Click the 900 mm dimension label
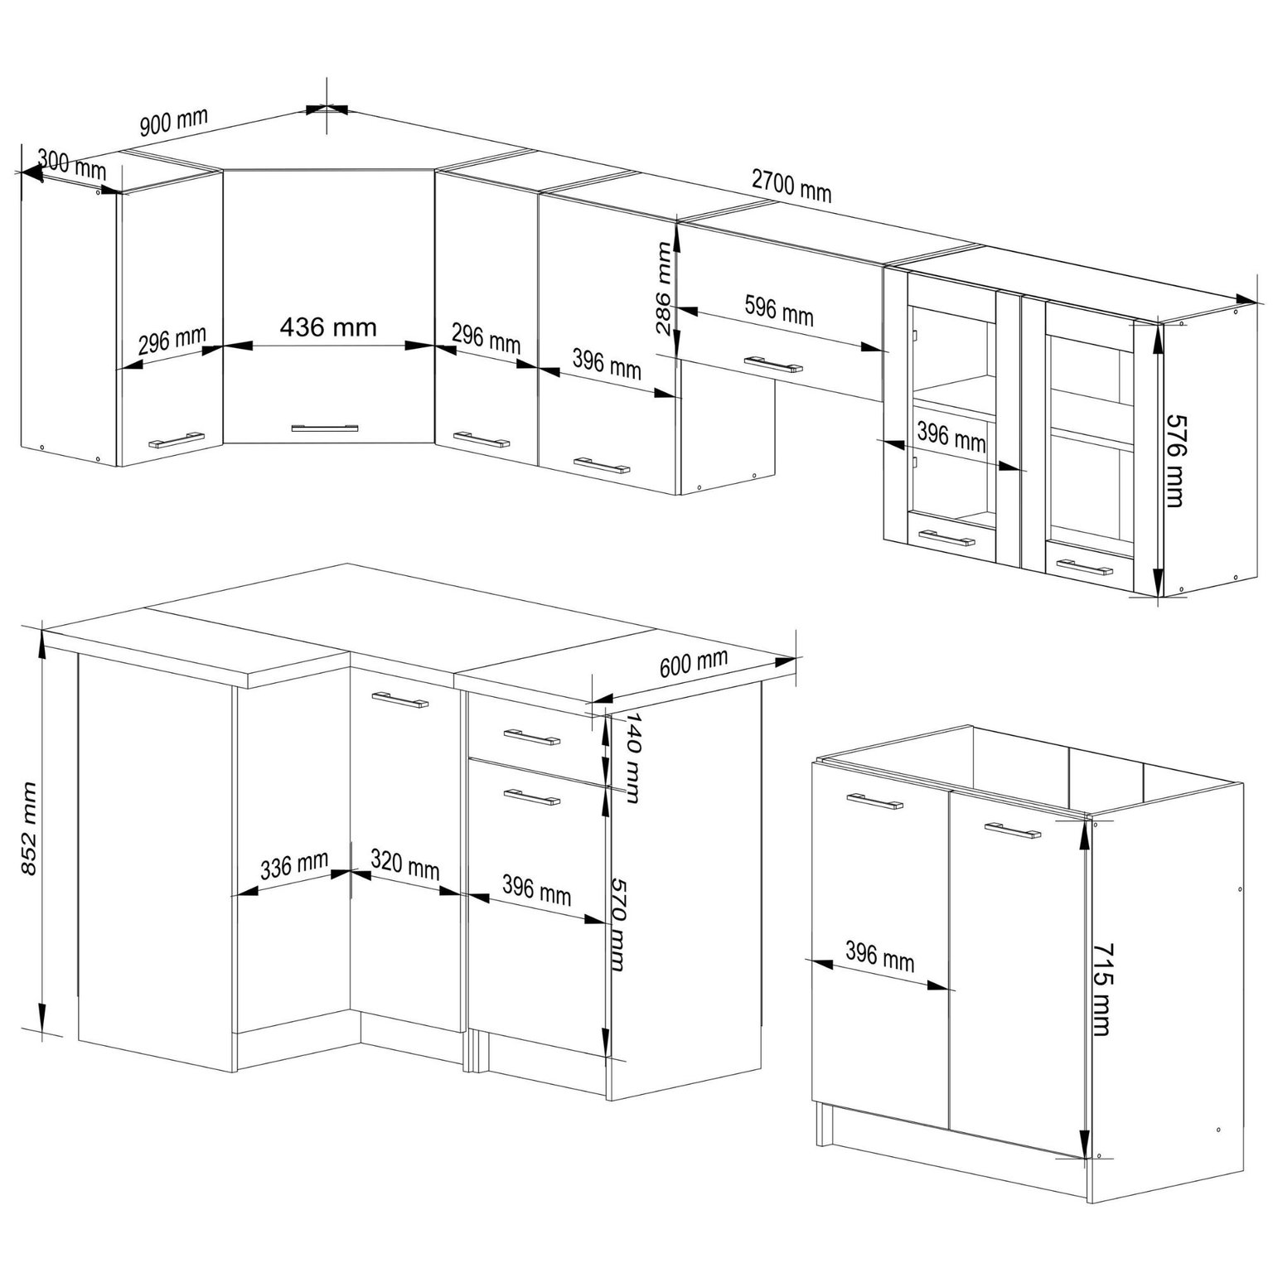[x=173, y=123]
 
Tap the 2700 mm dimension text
[x=791, y=185]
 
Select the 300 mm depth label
[x=72, y=165]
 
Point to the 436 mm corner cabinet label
[x=328, y=327]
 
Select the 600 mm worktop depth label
[x=694, y=662]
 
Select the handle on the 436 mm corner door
[x=327, y=428]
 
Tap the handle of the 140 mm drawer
[x=532, y=737]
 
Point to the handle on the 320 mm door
[x=400, y=699]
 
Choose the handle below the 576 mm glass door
[x=1083, y=567]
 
